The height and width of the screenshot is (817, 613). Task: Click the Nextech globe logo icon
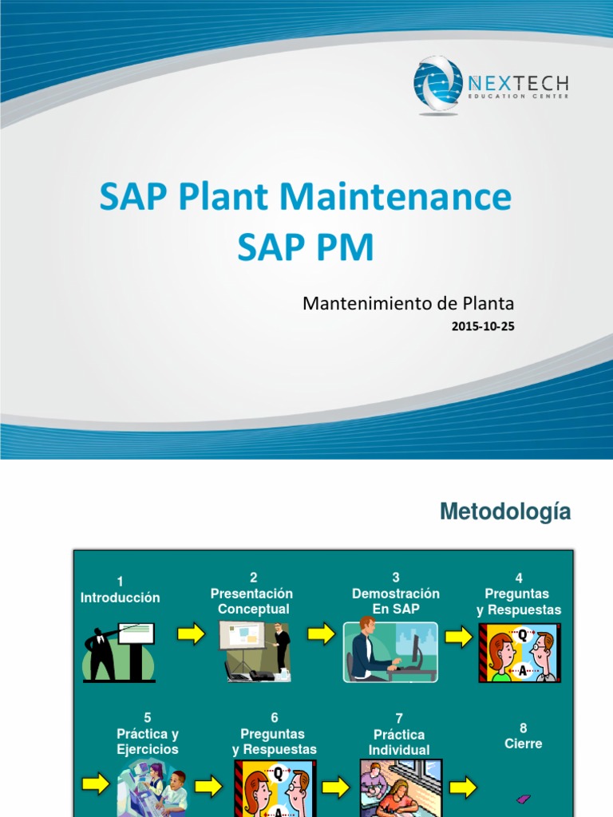437,85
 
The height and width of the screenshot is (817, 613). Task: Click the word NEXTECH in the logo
517,81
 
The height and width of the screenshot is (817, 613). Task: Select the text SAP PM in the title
305,248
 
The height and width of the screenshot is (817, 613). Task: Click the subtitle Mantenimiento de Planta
408,304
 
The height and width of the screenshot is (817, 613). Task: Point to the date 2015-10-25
483,326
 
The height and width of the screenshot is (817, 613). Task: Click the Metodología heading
505,512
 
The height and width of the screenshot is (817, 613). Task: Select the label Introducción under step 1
121,598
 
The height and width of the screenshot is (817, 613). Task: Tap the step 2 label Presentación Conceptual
251,602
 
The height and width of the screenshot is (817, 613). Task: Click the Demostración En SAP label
395,602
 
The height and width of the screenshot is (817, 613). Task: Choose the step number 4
519,578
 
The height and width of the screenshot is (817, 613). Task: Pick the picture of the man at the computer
390,652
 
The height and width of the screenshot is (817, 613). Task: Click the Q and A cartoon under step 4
519,653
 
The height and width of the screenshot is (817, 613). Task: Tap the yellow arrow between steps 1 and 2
191,634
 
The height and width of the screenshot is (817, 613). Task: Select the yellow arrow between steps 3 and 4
458,636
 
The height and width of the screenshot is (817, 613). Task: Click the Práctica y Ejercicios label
148,742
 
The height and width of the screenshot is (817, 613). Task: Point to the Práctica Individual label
399,742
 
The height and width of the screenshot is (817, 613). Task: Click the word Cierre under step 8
524,744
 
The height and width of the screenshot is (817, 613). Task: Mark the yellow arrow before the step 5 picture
96,784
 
